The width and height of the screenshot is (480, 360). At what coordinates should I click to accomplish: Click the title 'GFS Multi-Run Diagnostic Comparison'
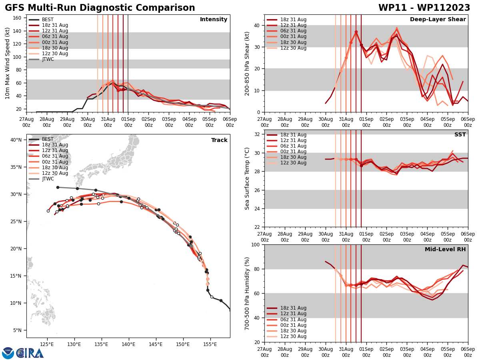pyautogui.click(x=100, y=8)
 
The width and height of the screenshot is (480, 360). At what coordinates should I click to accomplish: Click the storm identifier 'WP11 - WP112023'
pyautogui.click(x=424, y=8)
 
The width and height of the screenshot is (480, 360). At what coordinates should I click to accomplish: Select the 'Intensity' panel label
pyautogui.click(x=214, y=20)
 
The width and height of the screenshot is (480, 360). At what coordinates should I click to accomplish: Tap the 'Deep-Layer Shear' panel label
pyautogui.click(x=438, y=20)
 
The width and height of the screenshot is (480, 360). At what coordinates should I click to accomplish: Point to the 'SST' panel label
pyautogui.click(x=460, y=135)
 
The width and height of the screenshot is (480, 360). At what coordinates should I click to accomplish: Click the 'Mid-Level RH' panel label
pyautogui.click(x=445, y=250)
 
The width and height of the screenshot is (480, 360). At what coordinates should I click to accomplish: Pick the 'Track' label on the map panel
pyautogui.click(x=219, y=140)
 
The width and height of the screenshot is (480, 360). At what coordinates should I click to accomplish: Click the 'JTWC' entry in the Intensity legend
pyautogui.click(x=48, y=59)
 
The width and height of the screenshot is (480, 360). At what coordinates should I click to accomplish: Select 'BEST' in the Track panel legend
pyautogui.click(x=48, y=139)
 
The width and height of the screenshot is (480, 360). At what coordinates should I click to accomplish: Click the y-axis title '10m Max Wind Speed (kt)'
pyautogui.click(x=8, y=63)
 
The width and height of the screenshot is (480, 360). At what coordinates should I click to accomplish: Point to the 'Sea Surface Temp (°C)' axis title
pyautogui.click(x=247, y=178)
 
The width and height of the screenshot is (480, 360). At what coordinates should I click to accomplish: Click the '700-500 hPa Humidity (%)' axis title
pyautogui.click(x=247, y=293)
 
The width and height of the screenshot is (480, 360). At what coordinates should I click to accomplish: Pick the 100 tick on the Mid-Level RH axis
pyautogui.click(x=255, y=244)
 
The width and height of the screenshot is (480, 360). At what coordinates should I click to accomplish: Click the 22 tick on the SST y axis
pyautogui.click(x=256, y=227)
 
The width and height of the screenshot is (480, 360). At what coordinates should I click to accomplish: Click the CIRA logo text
pyautogui.click(x=30, y=353)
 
